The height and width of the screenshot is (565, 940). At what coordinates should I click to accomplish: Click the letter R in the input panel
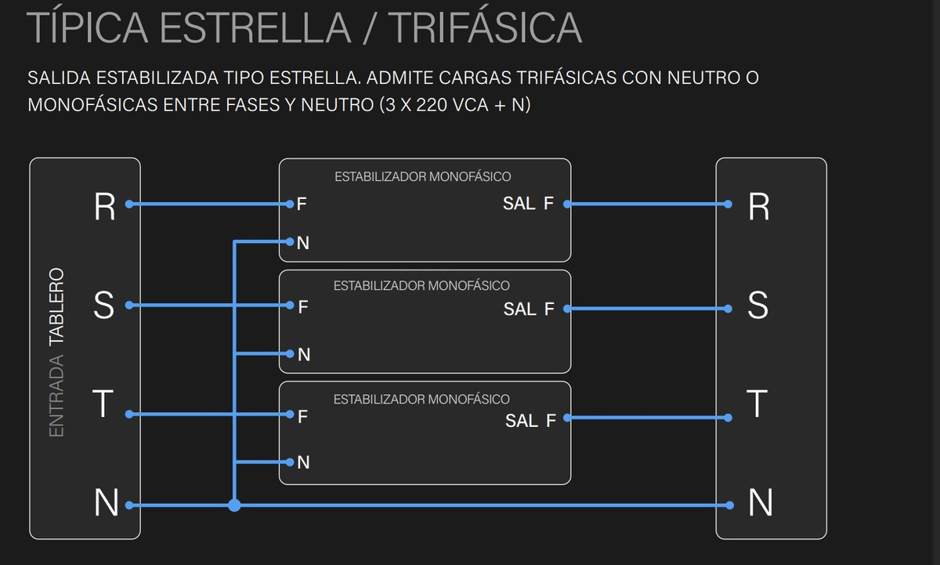click(104, 207)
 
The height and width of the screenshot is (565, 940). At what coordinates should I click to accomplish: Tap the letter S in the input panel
click(103, 306)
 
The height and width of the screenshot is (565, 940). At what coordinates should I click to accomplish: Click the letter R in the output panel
click(759, 207)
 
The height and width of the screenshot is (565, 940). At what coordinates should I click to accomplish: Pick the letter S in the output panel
click(758, 306)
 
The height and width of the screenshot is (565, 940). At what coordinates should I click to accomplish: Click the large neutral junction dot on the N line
click(233, 505)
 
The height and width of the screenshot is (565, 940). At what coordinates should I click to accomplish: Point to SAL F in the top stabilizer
click(528, 205)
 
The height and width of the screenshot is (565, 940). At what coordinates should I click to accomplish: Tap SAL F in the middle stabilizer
click(529, 310)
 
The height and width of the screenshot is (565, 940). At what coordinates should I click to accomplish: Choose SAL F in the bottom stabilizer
click(530, 422)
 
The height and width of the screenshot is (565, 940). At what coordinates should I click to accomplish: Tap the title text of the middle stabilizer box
click(421, 286)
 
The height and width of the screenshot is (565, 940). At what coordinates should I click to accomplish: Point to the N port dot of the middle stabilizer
click(289, 353)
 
